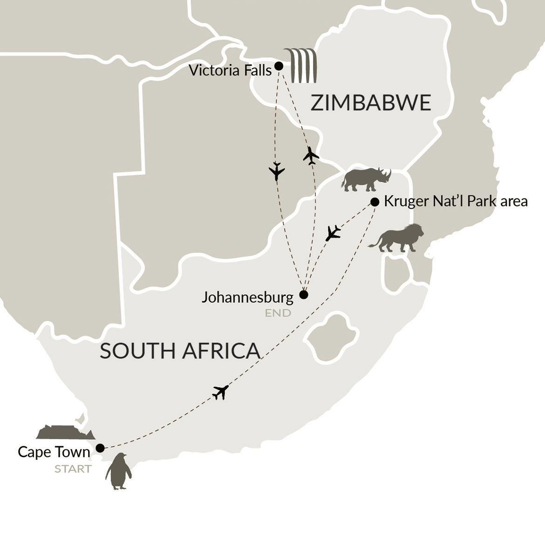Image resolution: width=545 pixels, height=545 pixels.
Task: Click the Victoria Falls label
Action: [230, 71]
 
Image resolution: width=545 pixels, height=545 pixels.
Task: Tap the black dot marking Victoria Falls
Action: [279, 66]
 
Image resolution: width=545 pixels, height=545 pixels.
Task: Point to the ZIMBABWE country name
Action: [371, 102]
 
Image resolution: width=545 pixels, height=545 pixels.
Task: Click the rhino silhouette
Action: [366, 179]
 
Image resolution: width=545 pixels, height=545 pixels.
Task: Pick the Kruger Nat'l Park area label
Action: [456, 201]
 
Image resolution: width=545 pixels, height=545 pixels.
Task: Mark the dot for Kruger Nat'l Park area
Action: [375, 202]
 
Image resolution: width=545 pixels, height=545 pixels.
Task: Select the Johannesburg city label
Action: [247, 297]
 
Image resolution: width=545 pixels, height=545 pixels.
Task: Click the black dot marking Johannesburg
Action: [304, 294]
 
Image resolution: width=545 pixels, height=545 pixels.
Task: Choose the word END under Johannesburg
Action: [278, 313]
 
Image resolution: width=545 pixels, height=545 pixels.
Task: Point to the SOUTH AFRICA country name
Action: [180, 351]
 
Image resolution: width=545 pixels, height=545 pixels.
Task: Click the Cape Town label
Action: [54, 452]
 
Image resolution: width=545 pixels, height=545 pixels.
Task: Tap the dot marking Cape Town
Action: [100, 448]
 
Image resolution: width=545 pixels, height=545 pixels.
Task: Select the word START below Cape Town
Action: [73, 469]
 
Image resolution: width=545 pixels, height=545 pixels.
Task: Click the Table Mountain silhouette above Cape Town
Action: [65, 432]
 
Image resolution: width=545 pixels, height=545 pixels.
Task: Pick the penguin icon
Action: [118, 471]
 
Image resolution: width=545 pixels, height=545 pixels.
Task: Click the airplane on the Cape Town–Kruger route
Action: [220, 392]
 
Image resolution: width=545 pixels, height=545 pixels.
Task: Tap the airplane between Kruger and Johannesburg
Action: [333, 232]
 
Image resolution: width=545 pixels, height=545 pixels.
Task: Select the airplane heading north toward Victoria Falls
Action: [311, 156]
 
